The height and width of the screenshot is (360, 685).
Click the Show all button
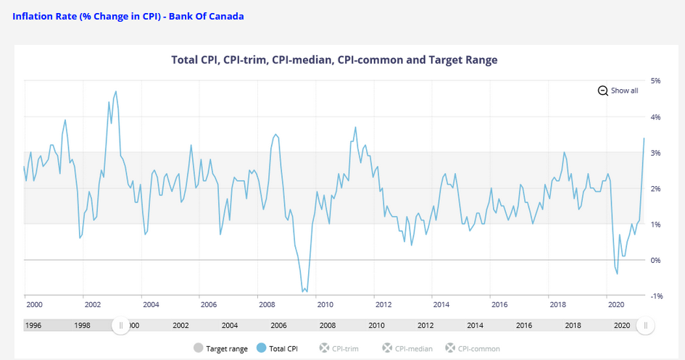click(x=618, y=91)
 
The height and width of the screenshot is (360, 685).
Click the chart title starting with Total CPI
click(x=334, y=59)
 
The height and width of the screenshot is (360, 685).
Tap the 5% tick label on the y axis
click(x=655, y=80)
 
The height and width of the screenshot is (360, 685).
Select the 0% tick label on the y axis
click(x=655, y=260)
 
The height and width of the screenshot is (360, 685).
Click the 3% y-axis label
click(x=655, y=152)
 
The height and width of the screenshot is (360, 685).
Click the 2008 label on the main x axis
click(x=267, y=306)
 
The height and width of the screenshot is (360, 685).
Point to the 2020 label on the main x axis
click(x=615, y=306)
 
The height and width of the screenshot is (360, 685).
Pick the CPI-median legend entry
click(x=407, y=348)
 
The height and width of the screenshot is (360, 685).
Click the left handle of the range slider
click(x=120, y=326)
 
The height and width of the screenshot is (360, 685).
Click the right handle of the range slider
click(x=646, y=326)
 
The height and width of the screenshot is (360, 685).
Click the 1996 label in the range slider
click(x=33, y=326)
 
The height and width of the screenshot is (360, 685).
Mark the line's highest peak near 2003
click(x=116, y=91)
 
